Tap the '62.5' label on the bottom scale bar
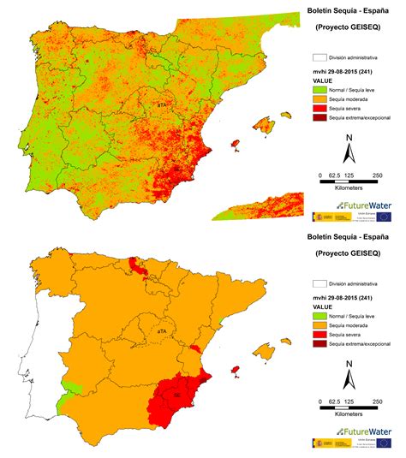(x=332, y=401)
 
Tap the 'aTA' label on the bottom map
(x=159, y=328)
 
